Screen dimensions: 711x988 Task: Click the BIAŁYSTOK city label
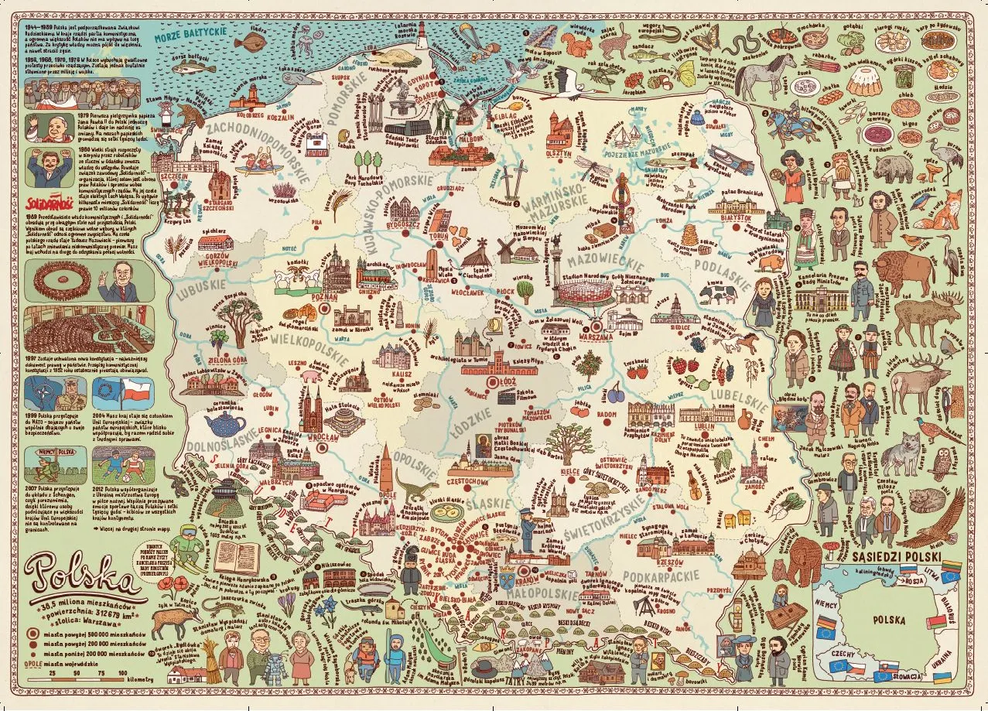pos(737,220)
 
